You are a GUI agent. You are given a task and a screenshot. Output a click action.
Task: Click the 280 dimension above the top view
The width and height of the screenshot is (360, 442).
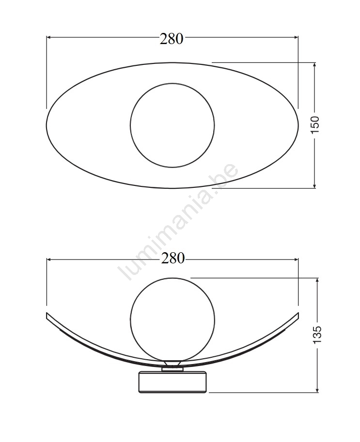pos(171,39)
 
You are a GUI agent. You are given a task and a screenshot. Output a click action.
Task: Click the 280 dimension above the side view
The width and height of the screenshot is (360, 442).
pos(172,258)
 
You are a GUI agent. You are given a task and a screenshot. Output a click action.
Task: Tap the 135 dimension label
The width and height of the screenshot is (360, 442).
pos(318,335)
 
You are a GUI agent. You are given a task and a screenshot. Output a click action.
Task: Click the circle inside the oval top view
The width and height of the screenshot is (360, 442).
pos(172,83)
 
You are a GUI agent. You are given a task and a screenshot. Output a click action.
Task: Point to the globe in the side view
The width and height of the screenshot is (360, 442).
pos(172,278)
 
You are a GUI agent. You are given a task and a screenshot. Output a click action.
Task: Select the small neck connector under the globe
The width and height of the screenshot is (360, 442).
pos(172,366)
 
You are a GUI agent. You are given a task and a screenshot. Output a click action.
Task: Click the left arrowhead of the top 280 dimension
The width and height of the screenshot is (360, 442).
pos(48,37)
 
